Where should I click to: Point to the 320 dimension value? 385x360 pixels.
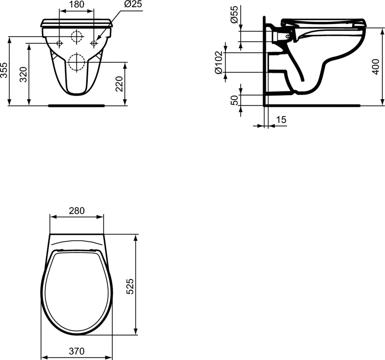[23, 75]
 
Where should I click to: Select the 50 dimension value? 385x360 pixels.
[234, 100]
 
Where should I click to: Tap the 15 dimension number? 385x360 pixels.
[281, 120]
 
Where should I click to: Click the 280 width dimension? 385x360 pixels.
[77, 211]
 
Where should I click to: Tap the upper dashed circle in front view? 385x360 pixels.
[76, 36]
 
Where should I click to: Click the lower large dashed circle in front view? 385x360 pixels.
[76, 62]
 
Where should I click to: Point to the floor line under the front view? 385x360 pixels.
[76, 106]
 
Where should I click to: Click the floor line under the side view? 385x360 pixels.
[312, 106]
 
